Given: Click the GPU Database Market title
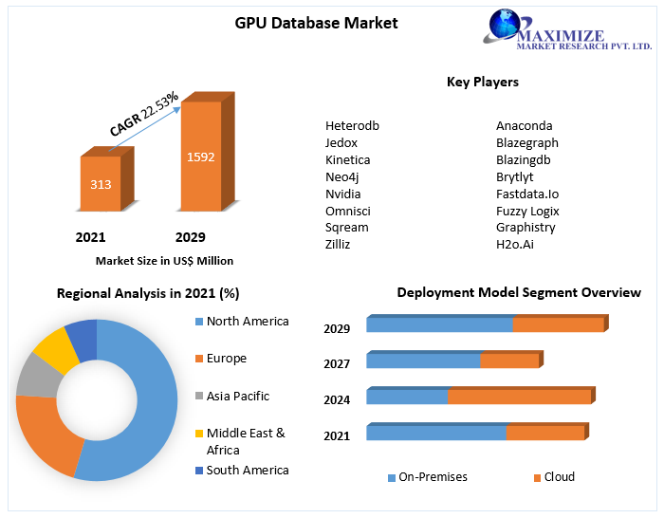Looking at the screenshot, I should point(316,23).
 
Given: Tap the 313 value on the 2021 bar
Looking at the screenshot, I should point(101,183).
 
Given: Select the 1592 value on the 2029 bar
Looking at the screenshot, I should point(200,157).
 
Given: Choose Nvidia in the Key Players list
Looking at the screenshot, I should point(342,194).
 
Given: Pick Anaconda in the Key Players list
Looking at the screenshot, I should point(524,125).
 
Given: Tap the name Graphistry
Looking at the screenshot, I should point(526,228).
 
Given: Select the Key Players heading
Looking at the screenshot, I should point(482,83).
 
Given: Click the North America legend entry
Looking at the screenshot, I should point(247,322).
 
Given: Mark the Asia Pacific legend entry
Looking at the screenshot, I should point(237,397).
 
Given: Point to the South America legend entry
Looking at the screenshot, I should point(247,471).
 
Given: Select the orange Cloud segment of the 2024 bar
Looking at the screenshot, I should point(518,398).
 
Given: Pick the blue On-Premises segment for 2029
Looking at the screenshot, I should point(439,325).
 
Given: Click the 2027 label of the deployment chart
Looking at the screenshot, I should point(337,364).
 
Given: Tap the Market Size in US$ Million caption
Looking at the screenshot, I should point(164,261).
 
